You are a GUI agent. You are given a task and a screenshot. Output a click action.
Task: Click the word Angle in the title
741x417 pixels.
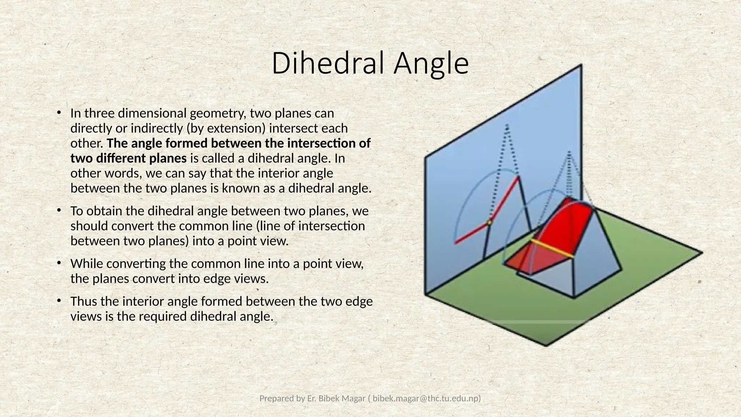click(431, 63)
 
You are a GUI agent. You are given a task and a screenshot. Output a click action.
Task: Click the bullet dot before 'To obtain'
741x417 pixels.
click(58, 211)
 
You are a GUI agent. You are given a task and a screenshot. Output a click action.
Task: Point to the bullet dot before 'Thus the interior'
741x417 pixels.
click(58, 301)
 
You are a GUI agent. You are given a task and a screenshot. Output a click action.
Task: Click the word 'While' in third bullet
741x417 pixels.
click(87, 264)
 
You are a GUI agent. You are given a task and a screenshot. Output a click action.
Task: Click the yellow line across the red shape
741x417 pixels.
click(552, 249)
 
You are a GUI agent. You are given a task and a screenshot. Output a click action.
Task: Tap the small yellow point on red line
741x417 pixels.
click(489, 223)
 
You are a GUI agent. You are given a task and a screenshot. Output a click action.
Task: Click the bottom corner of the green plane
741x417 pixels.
click(546, 345)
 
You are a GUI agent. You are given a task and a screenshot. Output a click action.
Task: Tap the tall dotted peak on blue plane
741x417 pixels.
click(507, 127)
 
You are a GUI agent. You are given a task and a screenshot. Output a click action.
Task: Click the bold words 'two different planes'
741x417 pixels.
click(128, 159)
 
